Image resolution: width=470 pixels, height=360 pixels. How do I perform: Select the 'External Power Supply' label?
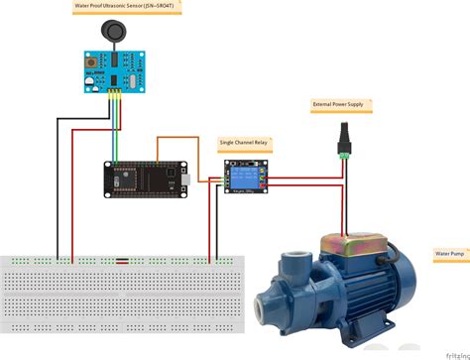pyautogui.click(x=336, y=104)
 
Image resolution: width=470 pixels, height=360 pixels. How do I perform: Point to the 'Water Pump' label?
pyautogui.click(x=448, y=255)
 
